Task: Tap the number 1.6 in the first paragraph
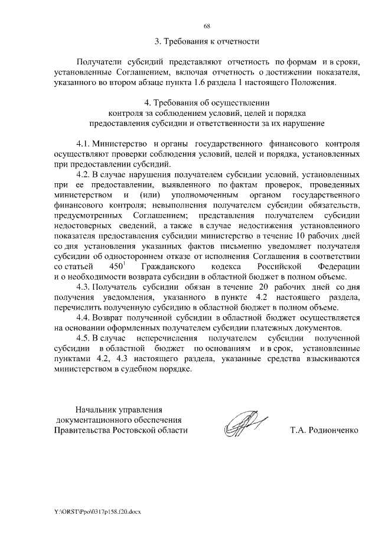pos(233,82)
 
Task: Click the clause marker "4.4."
pos(86,317)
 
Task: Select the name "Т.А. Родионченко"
pos(324,430)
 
